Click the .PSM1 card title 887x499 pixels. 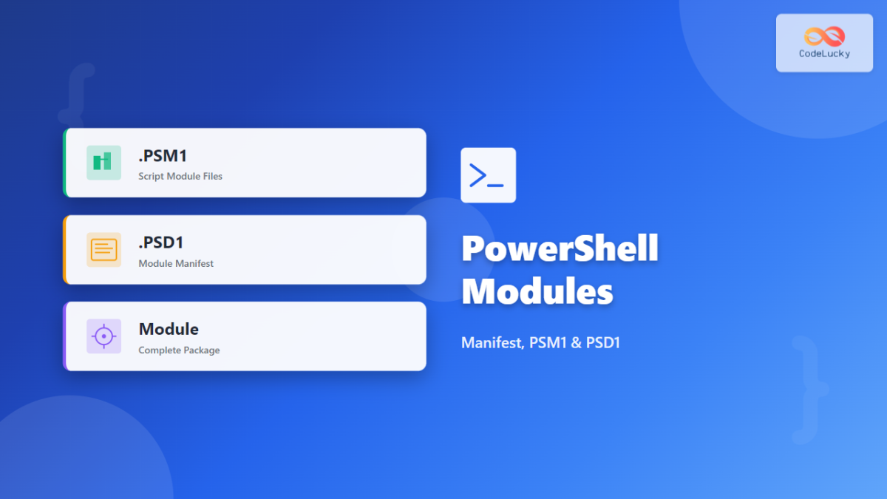click(x=163, y=156)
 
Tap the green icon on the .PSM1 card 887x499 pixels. click(x=103, y=163)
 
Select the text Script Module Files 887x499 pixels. click(x=180, y=177)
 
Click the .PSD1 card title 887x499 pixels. click(x=161, y=242)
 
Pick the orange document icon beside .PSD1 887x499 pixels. click(x=103, y=249)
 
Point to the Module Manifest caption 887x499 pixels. click(x=176, y=263)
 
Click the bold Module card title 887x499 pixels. click(x=169, y=329)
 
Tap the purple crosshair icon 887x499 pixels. click(x=103, y=336)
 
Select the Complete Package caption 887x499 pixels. click(x=179, y=350)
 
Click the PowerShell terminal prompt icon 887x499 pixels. click(x=488, y=175)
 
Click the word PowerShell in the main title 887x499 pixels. click(x=560, y=248)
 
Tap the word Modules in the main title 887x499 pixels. click(x=537, y=291)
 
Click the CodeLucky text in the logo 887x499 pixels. click(x=824, y=54)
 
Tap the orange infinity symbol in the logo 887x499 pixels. click(x=824, y=36)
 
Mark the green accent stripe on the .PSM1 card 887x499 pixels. click(x=65, y=163)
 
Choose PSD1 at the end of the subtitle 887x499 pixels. click(x=602, y=343)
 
